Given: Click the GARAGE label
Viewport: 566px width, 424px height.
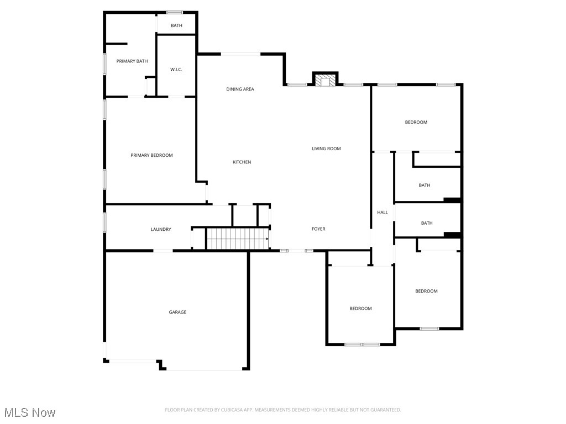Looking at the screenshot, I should [x=177, y=312].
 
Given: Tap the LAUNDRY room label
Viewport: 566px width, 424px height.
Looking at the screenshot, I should [x=161, y=230].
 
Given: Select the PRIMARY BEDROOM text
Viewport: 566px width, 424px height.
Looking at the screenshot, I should [x=151, y=156].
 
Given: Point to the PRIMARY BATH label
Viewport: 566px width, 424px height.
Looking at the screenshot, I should [x=132, y=61].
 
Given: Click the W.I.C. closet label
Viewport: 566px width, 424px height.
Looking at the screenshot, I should [x=176, y=70].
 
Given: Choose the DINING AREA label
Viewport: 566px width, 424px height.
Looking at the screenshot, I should [x=240, y=89].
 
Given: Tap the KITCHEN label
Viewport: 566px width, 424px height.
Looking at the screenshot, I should [x=242, y=162].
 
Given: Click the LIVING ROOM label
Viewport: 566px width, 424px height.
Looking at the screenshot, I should [x=326, y=149].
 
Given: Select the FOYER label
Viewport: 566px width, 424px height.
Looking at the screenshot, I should [x=318, y=229].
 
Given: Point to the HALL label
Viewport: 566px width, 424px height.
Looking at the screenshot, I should [x=382, y=213].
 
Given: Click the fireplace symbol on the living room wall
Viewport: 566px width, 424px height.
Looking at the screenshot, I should [x=325, y=81].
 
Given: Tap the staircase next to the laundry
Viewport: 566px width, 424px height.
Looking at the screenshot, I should [x=237, y=239].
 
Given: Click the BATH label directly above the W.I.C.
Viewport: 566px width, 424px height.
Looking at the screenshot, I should [x=176, y=26].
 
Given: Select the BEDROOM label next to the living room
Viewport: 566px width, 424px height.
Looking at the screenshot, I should [x=416, y=123].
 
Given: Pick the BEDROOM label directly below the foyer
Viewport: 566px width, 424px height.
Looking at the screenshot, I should [x=360, y=309].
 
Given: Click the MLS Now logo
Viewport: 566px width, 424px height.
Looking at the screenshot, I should [x=30, y=412].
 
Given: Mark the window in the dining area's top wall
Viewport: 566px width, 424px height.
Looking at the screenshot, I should [x=240, y=54].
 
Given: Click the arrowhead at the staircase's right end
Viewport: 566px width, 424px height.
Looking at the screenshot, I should [x=268, y=239].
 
